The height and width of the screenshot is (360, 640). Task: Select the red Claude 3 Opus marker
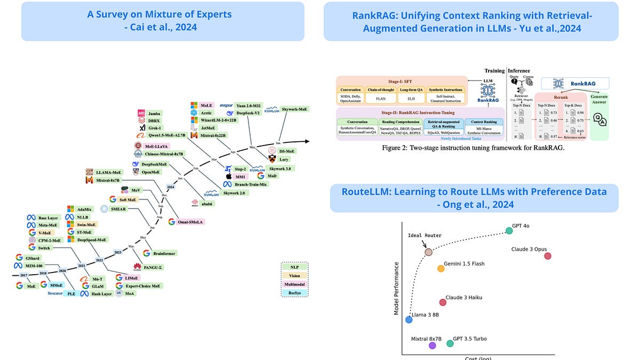(547, 256)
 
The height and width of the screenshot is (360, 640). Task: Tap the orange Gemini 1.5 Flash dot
(441, 268)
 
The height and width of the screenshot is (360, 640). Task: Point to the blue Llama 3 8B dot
(409, 319)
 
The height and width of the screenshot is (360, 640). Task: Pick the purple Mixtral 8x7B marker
(432, 345)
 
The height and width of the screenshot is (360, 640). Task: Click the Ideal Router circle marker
(428, 252)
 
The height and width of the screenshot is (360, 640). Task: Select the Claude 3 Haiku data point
(443, 302)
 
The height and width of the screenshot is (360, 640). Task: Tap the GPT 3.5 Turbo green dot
(450, 343)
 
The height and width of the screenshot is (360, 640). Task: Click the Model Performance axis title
(396, 288)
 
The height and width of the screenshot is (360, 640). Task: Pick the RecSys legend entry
(294, 292)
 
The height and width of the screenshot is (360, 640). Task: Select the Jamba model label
(155, 114)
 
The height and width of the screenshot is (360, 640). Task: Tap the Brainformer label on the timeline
(164, 253)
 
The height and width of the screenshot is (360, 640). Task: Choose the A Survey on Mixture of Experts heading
(163, 21)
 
